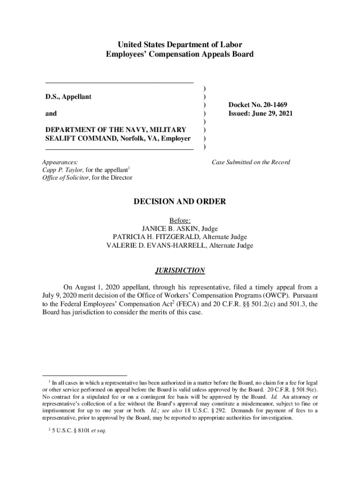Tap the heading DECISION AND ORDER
coord(180,202)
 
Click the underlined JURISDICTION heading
coord(180,270)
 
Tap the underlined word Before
coord(180,221)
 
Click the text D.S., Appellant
coord(68,96)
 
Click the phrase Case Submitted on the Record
coord(251,162)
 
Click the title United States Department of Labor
coord(180,45)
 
